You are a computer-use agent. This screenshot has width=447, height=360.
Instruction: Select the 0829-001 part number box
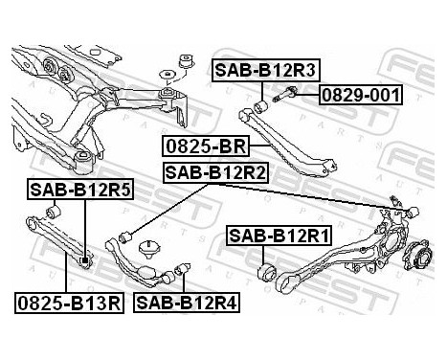tap(360, 94)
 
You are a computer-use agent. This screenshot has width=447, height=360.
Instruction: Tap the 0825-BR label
tap(206, 146)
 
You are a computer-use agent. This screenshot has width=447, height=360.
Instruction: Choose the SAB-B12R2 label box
tap(215, 173)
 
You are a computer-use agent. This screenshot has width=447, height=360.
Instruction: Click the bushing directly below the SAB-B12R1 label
tap(267, 273)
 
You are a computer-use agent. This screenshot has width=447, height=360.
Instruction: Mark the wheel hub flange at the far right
tap(419, 257)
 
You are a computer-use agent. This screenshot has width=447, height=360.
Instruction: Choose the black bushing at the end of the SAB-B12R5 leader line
tap(86, 257)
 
